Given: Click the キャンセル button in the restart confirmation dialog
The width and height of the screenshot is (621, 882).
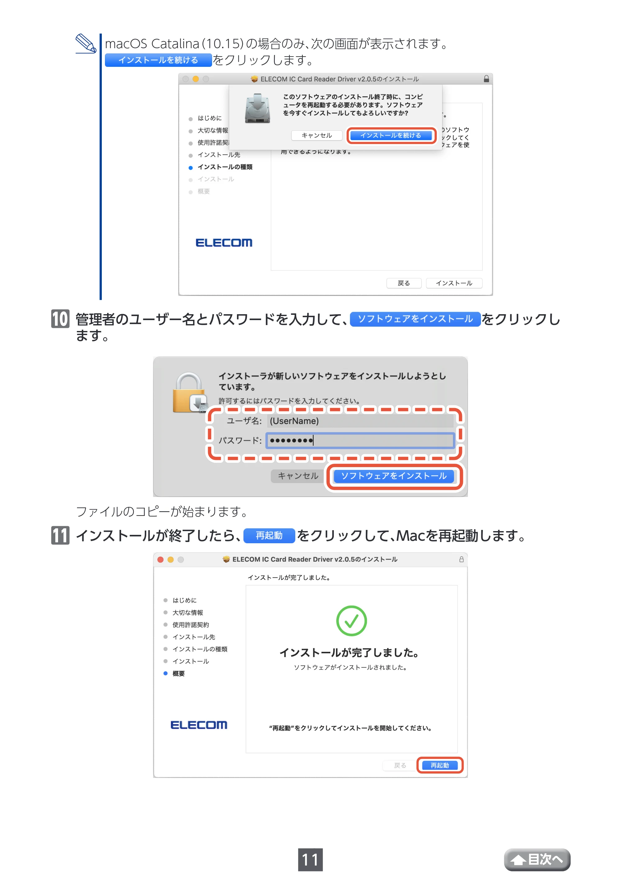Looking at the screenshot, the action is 317,135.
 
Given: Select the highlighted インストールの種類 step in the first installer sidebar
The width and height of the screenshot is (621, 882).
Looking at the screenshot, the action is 225,167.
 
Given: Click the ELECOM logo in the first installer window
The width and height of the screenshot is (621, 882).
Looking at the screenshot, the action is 224,242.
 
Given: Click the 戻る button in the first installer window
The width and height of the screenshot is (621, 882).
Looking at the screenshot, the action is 404,283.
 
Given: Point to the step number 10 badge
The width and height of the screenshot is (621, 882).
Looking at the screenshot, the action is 60,319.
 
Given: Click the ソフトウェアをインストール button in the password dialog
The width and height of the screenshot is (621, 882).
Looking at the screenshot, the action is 394,476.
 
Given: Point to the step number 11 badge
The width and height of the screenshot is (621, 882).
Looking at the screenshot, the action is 60,535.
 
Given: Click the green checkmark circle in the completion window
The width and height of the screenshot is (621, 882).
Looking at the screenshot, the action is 351,621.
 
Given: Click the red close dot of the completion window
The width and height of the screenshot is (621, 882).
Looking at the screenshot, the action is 161,560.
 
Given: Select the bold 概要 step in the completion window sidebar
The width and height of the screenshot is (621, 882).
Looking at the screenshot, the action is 179,673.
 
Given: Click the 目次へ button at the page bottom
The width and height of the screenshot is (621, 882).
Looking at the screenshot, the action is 537,860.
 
